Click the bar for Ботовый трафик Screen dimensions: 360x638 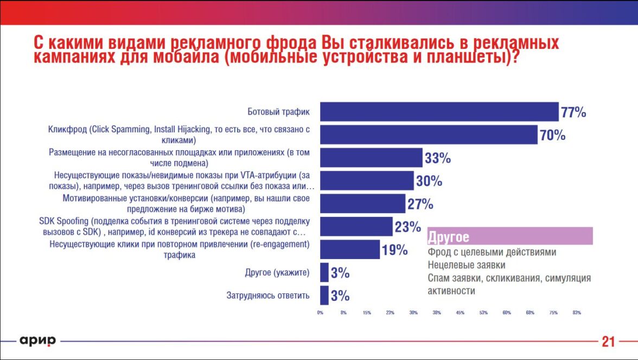439,112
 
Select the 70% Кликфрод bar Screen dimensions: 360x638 428,134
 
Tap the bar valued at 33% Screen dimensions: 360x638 371,158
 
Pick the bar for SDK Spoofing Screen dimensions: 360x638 356,227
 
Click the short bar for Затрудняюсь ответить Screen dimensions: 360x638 324,295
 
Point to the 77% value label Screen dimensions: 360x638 573,112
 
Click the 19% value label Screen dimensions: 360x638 394,250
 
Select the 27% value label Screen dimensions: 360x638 420,204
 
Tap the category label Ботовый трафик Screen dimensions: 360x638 278,112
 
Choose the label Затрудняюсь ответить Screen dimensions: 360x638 268,295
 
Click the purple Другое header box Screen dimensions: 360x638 509,236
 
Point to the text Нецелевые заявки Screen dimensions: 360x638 466,265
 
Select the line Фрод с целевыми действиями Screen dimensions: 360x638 492,253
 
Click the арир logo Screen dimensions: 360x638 38,340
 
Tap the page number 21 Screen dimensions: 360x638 608,342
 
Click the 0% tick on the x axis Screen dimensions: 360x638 320,312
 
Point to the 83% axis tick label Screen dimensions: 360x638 577,312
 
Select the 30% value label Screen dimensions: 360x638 429,181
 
